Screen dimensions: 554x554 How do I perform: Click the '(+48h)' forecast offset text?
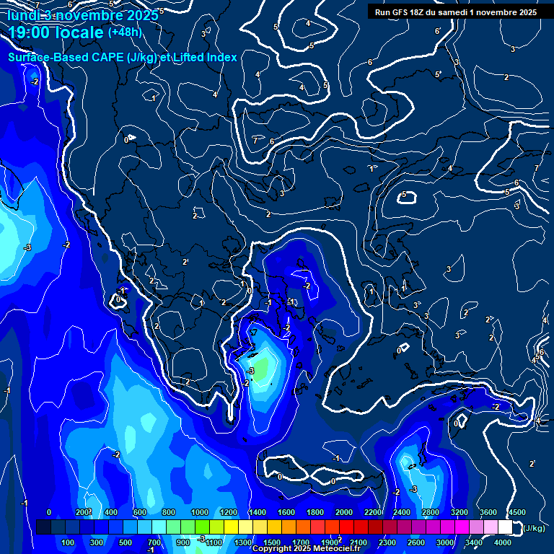[x=125, y=32]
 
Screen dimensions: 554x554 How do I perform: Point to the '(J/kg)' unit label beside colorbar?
[x=534, y=528]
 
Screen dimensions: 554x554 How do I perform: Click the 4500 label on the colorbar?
[x=516, y=512]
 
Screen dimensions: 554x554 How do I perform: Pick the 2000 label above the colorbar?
[x=344, y=512]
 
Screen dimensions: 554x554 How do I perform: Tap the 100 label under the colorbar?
[x=69, y=542]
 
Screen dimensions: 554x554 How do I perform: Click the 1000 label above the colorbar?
[x=200, y=512]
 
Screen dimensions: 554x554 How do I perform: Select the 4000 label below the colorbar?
[x=503, y=542]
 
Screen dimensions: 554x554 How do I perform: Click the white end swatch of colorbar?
[x=505, y=527]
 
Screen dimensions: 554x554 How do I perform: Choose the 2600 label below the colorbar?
[x=416, y=542]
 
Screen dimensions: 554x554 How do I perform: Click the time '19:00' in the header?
[x=29, y=33]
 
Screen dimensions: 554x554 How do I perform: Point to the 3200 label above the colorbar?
[x=460, y=512]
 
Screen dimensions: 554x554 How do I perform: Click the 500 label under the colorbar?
[x=126, y=542]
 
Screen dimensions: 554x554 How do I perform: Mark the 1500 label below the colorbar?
[x=272, y=542]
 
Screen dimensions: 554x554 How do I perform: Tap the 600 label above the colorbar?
[x=140, y=512]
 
